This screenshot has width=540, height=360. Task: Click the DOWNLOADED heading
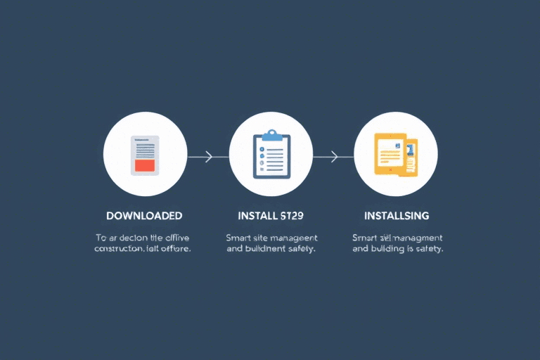click(144, 215)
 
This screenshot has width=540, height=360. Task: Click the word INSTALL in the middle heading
click(257, 215)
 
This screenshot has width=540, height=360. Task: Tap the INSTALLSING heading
click(397, 215)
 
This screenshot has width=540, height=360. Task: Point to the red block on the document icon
click(145, 165)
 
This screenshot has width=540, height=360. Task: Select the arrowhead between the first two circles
click(208, 156)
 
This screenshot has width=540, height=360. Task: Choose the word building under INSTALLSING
click(388, 249)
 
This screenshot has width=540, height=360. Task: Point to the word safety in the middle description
click(301, 249)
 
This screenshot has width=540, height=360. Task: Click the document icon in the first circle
click(145, 155)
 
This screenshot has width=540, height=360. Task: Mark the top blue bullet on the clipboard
click(261, 150)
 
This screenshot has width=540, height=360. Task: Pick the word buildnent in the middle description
click(266, 249)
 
